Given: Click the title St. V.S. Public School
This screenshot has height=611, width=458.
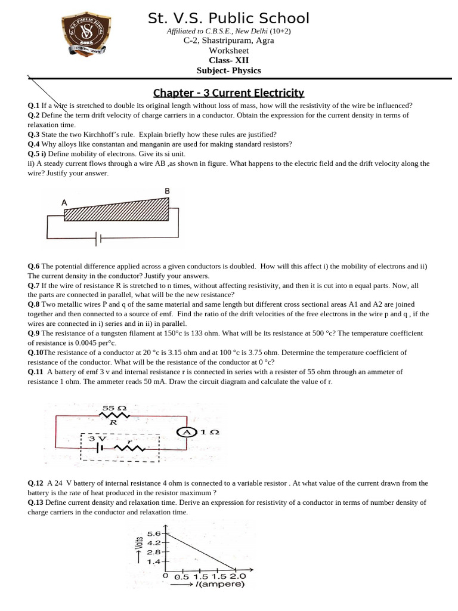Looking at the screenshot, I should (x=229, y=18).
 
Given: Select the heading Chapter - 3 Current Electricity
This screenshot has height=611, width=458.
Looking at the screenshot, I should (x=229, y=92).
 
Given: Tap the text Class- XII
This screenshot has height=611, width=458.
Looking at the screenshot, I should (x=228, y=60).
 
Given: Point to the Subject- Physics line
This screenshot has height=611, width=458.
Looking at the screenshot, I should (x=229, y=70).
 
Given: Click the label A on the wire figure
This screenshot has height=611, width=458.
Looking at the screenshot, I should (x=64, y=202).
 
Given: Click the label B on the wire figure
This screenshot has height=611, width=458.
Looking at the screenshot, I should (x=167, y=191).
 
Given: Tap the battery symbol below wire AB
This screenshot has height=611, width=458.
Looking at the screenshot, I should (x=99, y=238).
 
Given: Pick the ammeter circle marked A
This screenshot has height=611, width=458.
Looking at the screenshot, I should (x=187, y=431).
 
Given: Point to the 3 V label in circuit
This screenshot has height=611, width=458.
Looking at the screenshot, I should (x=96, y=439).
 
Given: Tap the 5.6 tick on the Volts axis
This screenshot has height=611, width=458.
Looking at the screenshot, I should (x=154, y=533).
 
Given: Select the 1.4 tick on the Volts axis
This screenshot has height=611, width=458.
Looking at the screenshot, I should (x=154, y=561).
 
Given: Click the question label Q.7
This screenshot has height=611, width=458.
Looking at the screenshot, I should (x=33, y=285).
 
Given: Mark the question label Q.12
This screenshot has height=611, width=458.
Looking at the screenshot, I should (x=36, y=483).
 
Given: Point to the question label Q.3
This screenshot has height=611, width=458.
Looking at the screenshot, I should (x=33, y=134).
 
